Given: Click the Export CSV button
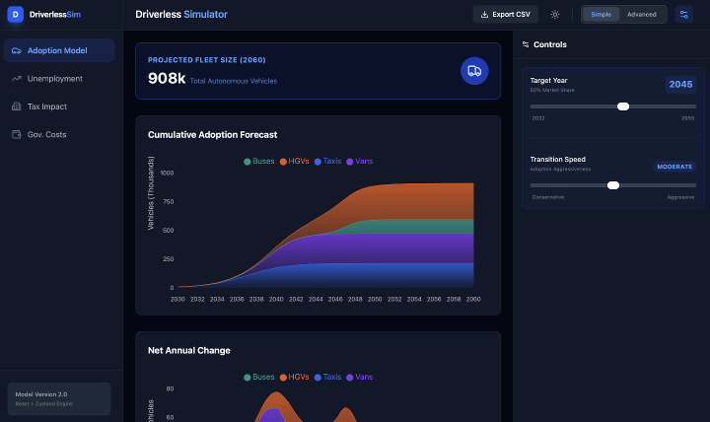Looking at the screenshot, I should pyautogui.click(x=505, y=14).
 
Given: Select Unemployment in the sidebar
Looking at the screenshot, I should pyautogui.click(x=55, y=78).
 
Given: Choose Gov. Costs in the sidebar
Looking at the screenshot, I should pyautogui.click(x=47, y=134).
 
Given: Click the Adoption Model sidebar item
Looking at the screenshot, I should pyautogui.click(x=57, y=50).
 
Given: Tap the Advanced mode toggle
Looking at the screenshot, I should pyautogui.click(x=641, y=14).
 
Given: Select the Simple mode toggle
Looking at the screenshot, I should pyautogui.click(x=601, y=14).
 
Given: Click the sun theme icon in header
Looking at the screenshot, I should pyautogui.click(x=555, y=14).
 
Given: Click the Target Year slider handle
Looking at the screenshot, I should pyautogui.click(x=623, y=105).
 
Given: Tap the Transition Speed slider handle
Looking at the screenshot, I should pyautogui.click(x=613, y=184).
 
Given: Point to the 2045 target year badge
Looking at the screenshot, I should pyautogui.click(x=680, y=84).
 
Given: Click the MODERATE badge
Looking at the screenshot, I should pyautogui.click(x=675, y=167).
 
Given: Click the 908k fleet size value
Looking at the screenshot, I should pyautogui.click(x=167, y=78).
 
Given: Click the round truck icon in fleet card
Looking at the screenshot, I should pyautogui.click(x=474, y=71).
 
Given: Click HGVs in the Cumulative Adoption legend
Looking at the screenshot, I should pyautogui.click(x=295, y=161).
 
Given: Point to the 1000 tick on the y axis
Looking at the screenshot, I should pyautogui.click(x=166, y=174).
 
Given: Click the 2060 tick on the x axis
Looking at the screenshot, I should pyautogui.click(x=473, y=298).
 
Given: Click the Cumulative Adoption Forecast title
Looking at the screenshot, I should pyautogui.click(x=212, y=134).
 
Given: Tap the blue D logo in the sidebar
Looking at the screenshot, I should pyautogui.click(x=15, y=14).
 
